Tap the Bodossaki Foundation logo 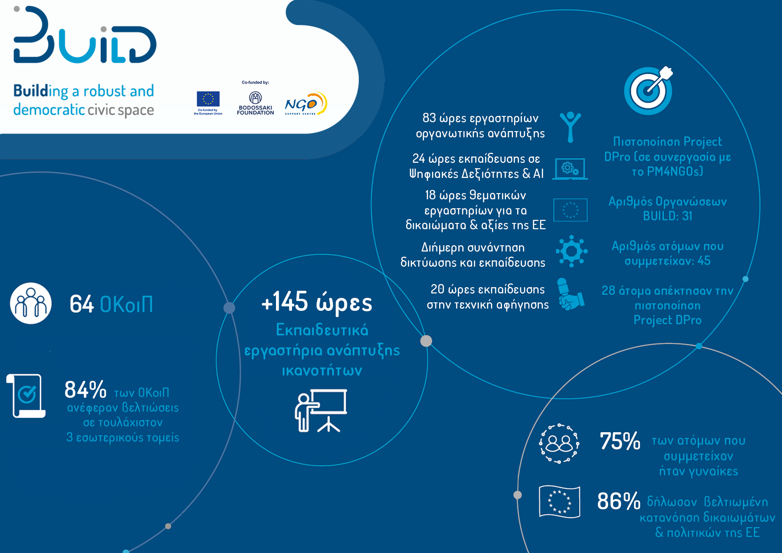click(x=255, y=103)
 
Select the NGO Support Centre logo click(x=306, y=103)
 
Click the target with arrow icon click(x=648, y=91)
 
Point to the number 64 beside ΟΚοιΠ click(x=82, y=304)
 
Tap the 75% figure click(x=620, y=441)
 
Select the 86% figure click(x=619, y=501)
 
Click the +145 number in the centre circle click(x=284, y=301)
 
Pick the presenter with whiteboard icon click(x=321, y=411)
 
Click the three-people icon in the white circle click(x=31, y=303)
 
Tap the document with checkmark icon click(x=26, y=396)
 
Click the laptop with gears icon click(x=570, y=169)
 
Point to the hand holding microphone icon click(x=570, y=294)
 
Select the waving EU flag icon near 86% click(x=560, y=502)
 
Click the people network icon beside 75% click(x=559, y=443)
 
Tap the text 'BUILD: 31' click(x=667, y=216)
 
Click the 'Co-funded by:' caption click(x=255, y=83)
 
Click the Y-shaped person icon click(x=570, y=127)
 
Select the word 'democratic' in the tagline click(x=49, y=110)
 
